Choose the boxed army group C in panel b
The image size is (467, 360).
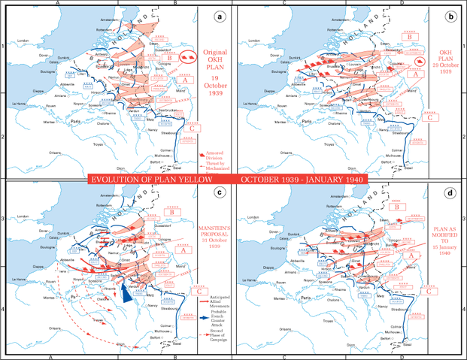(x=429, y=117)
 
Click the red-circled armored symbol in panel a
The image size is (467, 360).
(x=188, y=56)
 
